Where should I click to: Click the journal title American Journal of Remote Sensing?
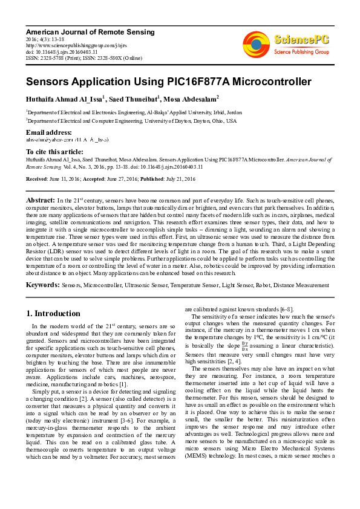(x=90, y=31)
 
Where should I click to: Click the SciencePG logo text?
(x=302, y=40)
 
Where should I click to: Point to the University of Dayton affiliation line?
(x=131, y=120)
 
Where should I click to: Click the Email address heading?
(x=49, y=132)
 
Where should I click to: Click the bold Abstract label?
(x=41, y=199)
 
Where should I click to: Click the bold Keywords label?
(x=42, y=284)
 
